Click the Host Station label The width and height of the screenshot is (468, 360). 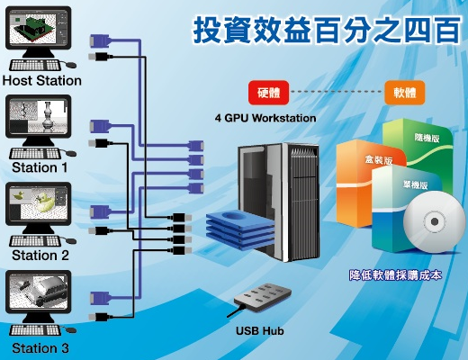[42, 81]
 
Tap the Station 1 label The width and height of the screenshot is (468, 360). [40, 167]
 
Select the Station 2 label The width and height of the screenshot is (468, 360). [40, 256]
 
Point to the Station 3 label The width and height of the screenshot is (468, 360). [40, 348]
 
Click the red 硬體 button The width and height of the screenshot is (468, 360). [268, 93]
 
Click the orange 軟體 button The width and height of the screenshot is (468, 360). [405, 93]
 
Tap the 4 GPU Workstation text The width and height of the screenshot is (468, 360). [265, 118]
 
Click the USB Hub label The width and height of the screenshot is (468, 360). [260, 330]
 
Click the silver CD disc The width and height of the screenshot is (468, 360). [434, 222]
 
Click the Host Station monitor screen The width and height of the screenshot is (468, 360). [38, 28]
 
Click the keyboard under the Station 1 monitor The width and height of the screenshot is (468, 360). [35, 154]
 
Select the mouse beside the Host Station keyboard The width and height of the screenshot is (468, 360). [71, 65]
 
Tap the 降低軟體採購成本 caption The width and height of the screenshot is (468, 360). [395, 275]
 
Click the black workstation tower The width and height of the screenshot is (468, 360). [278, 202]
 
